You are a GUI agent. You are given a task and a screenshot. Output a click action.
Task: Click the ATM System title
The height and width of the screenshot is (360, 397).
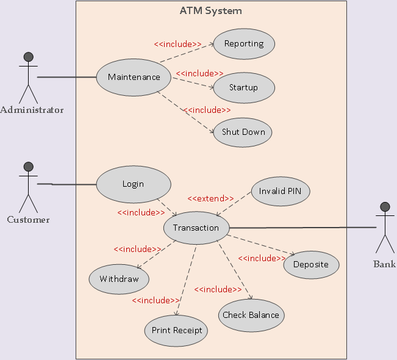[210, 10]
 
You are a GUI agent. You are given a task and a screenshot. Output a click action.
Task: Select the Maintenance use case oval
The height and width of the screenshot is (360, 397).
[134, 77]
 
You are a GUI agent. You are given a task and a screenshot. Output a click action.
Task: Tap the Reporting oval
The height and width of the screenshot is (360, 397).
[244, 44]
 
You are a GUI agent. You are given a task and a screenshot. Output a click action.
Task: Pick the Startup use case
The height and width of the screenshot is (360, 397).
[244, 88]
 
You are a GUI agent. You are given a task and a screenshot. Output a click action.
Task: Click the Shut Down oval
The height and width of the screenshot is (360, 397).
[243, 132]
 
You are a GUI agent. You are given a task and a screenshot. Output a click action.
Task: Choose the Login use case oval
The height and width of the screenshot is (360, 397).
[134, 184]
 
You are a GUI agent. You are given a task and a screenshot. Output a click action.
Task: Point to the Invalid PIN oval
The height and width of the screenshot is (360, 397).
[280, 191]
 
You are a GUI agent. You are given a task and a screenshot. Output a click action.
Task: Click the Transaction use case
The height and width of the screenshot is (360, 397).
[196, 228]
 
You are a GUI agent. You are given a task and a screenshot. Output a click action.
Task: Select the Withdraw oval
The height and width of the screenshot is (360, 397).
[119, 279]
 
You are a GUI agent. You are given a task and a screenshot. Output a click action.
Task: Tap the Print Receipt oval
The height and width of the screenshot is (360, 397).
[176, 331]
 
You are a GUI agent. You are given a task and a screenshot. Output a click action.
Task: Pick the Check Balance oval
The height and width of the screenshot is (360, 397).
[251, 315]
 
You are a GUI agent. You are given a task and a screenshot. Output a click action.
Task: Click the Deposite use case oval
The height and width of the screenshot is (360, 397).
[311, 265]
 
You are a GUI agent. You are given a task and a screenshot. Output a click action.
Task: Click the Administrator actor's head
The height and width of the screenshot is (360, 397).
[28, 57]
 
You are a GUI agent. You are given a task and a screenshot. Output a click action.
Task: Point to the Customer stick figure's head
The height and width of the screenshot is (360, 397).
[28, 167]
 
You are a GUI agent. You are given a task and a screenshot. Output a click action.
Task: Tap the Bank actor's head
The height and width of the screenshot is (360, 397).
[385, 206]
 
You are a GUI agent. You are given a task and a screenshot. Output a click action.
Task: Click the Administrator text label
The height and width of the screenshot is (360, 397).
[32, 110]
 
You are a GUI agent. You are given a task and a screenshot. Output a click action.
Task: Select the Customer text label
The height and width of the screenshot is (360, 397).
[28, 220]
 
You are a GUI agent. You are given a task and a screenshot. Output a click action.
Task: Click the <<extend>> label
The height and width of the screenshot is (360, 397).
[210, 198]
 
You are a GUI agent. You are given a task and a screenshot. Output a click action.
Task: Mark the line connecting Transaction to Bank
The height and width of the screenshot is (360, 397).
[305, 227]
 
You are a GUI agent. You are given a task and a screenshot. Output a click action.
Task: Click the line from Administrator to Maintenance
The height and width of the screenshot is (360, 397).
[67, 77]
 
